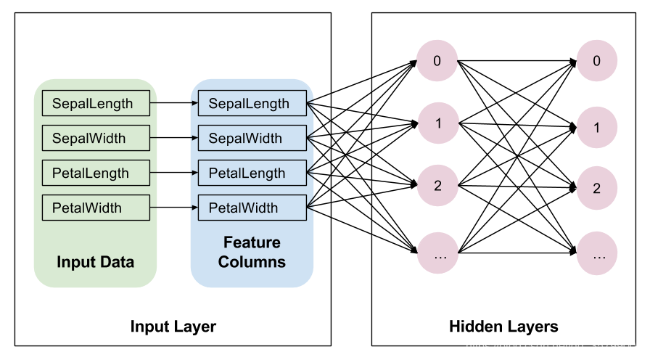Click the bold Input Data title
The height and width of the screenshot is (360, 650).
[95, 262]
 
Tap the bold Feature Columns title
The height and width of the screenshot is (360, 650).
[252, 252]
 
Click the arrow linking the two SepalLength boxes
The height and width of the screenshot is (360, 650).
[174, 104]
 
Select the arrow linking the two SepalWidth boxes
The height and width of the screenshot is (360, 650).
[174, 139]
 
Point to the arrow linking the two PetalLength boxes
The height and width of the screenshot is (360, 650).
[174, 173]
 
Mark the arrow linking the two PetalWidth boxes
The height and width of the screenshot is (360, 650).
[174, 208]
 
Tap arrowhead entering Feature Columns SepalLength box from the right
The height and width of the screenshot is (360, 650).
[310, 104]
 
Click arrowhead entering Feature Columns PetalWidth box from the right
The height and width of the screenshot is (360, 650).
[310, 208]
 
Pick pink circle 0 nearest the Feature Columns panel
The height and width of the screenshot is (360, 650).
[437, 61]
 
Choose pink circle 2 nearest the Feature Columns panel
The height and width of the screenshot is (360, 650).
[437, 186]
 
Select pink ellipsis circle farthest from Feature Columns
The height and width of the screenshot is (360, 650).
[597, 255]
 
